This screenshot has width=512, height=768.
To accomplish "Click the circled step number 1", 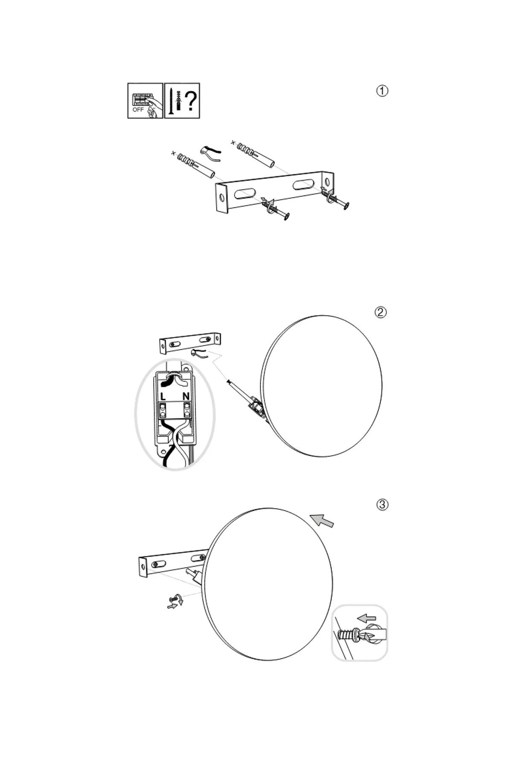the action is (382, 91).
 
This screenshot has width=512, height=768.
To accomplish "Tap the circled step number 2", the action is (381, 312).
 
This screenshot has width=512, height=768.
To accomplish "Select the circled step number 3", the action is (382, 505).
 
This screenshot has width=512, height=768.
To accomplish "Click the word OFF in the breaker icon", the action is (138, 110).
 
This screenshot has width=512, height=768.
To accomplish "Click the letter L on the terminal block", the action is (163, 397).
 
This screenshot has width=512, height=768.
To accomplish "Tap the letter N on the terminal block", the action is (186, 397).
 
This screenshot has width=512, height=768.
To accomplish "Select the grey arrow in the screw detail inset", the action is (367, 618).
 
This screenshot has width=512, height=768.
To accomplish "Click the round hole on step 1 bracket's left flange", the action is (221, 197).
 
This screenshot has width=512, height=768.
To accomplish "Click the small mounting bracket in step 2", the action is (190, 343).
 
